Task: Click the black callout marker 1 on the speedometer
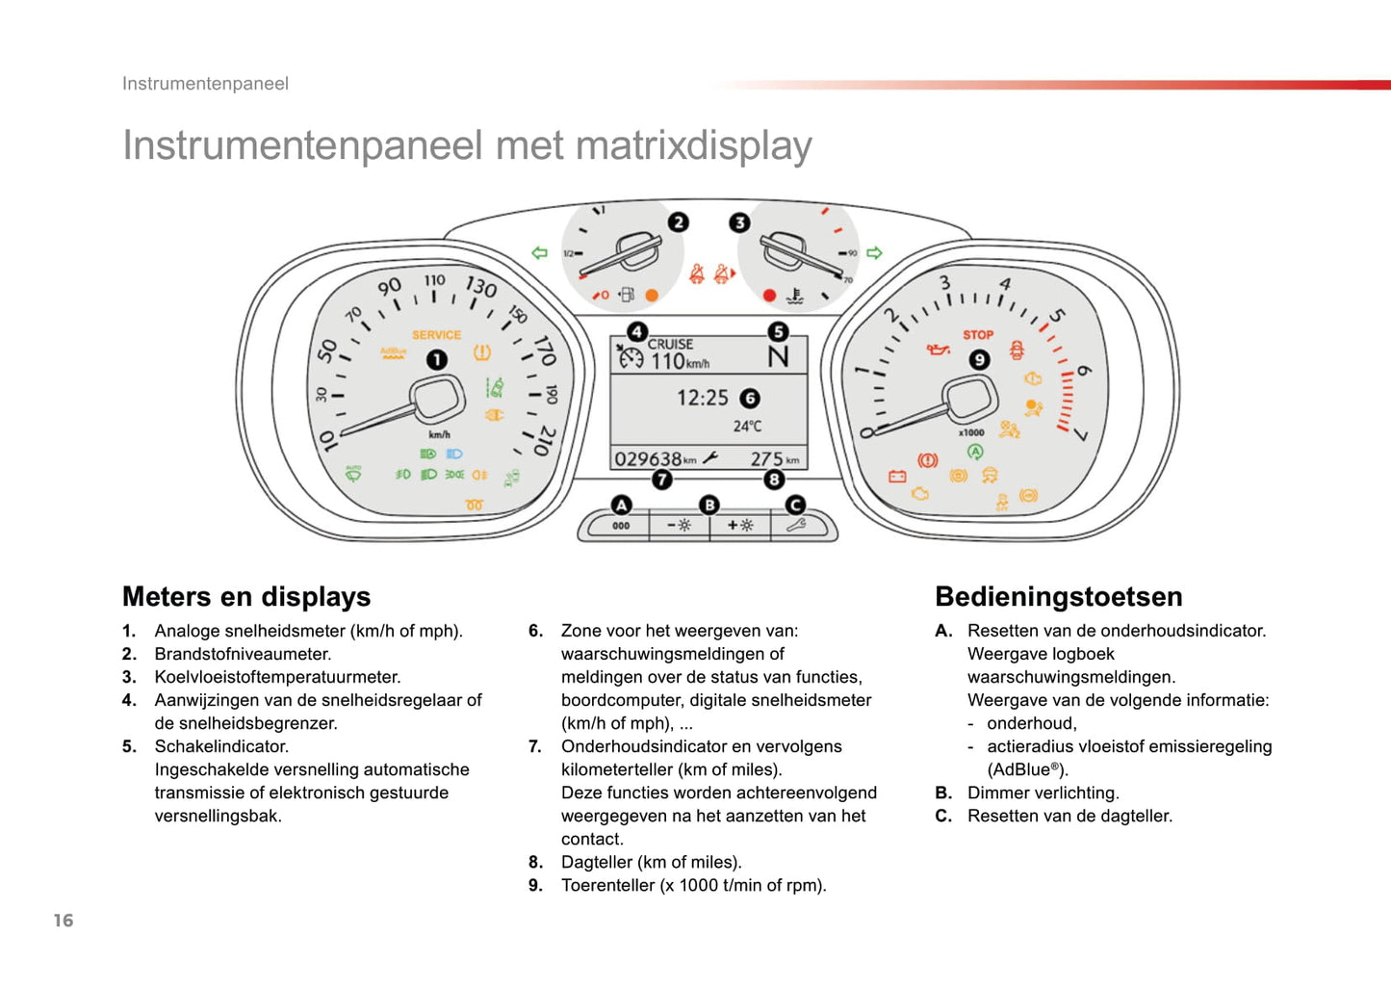437,359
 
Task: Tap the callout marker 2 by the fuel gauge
679,222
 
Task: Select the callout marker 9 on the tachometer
979,359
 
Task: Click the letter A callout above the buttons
622,505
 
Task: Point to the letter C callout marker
795,505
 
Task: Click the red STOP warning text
978,335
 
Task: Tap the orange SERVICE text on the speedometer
436,335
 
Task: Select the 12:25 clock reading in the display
702,398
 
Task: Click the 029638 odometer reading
648,459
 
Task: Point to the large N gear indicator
778,357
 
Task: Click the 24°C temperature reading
747,426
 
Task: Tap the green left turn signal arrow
539,253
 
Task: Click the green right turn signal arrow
874,253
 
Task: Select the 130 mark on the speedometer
480,287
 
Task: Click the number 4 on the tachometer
1005,284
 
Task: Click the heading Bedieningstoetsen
1058,597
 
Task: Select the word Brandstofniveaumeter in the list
243,654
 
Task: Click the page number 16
64,921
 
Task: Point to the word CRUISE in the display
670,344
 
